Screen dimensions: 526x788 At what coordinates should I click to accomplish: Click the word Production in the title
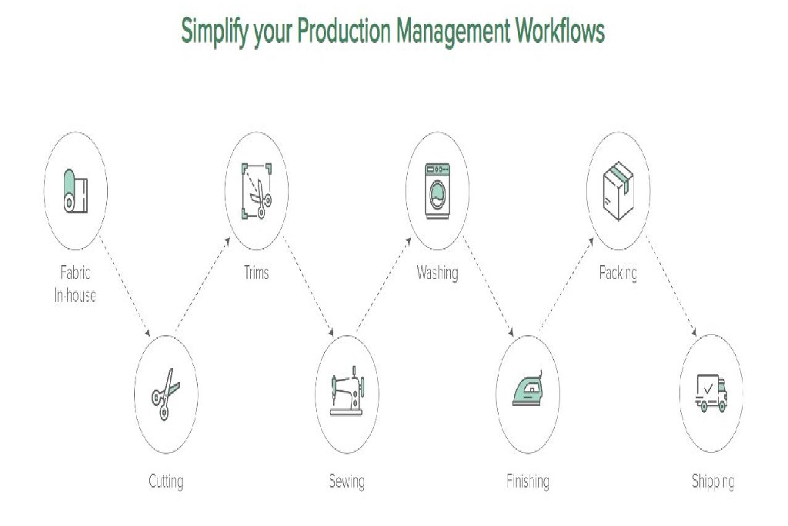[344, 31]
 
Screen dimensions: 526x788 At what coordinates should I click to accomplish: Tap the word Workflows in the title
[559, 31]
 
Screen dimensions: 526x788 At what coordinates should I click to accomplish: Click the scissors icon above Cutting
[165, 394]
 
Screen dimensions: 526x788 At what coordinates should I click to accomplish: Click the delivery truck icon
[710, 394]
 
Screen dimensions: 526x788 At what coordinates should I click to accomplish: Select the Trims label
[255, 273]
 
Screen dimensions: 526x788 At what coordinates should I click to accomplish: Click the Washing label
[437, 273]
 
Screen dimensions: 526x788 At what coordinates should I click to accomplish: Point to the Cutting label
[165, 482]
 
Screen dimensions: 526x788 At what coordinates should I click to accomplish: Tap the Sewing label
[346, 482]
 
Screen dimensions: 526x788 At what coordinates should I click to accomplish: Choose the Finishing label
[528, 482]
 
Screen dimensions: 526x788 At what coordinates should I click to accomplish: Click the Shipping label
[713, 482]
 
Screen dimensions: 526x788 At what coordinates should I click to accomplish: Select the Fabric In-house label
[75, 283]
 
